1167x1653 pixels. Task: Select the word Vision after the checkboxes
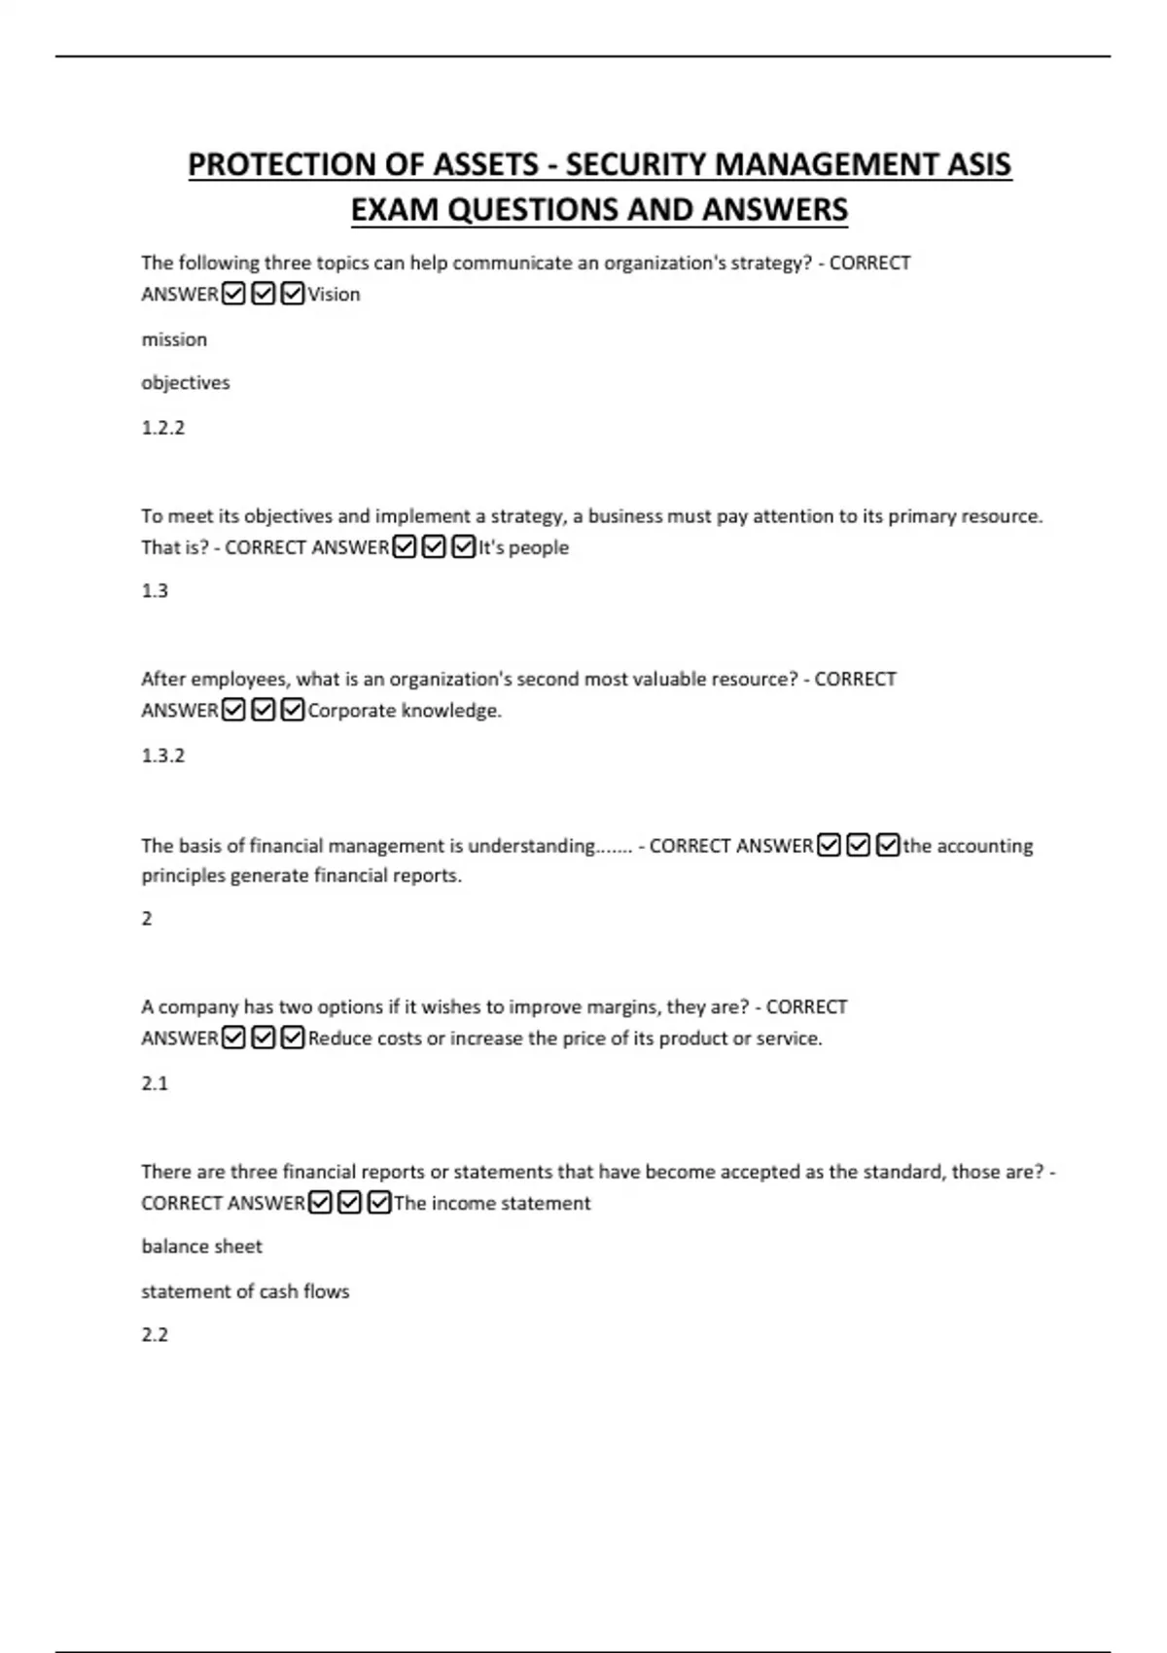335,294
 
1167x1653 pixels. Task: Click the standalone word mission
174,339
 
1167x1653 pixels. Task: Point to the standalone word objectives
186,382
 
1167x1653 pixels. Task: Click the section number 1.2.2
162,427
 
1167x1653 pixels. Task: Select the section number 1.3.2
162,755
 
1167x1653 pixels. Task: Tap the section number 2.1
155,1082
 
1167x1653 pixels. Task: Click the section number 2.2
155,1334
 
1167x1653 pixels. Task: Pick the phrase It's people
523,547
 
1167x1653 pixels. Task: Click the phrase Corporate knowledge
405,711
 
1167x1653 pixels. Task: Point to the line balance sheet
201,1246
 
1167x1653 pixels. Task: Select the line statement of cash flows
245,1291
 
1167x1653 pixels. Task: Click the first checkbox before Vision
233,294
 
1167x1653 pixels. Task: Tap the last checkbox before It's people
464,547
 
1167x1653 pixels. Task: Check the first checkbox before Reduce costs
233,1038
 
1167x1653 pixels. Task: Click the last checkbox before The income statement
379,1203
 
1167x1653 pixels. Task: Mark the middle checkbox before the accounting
858,846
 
